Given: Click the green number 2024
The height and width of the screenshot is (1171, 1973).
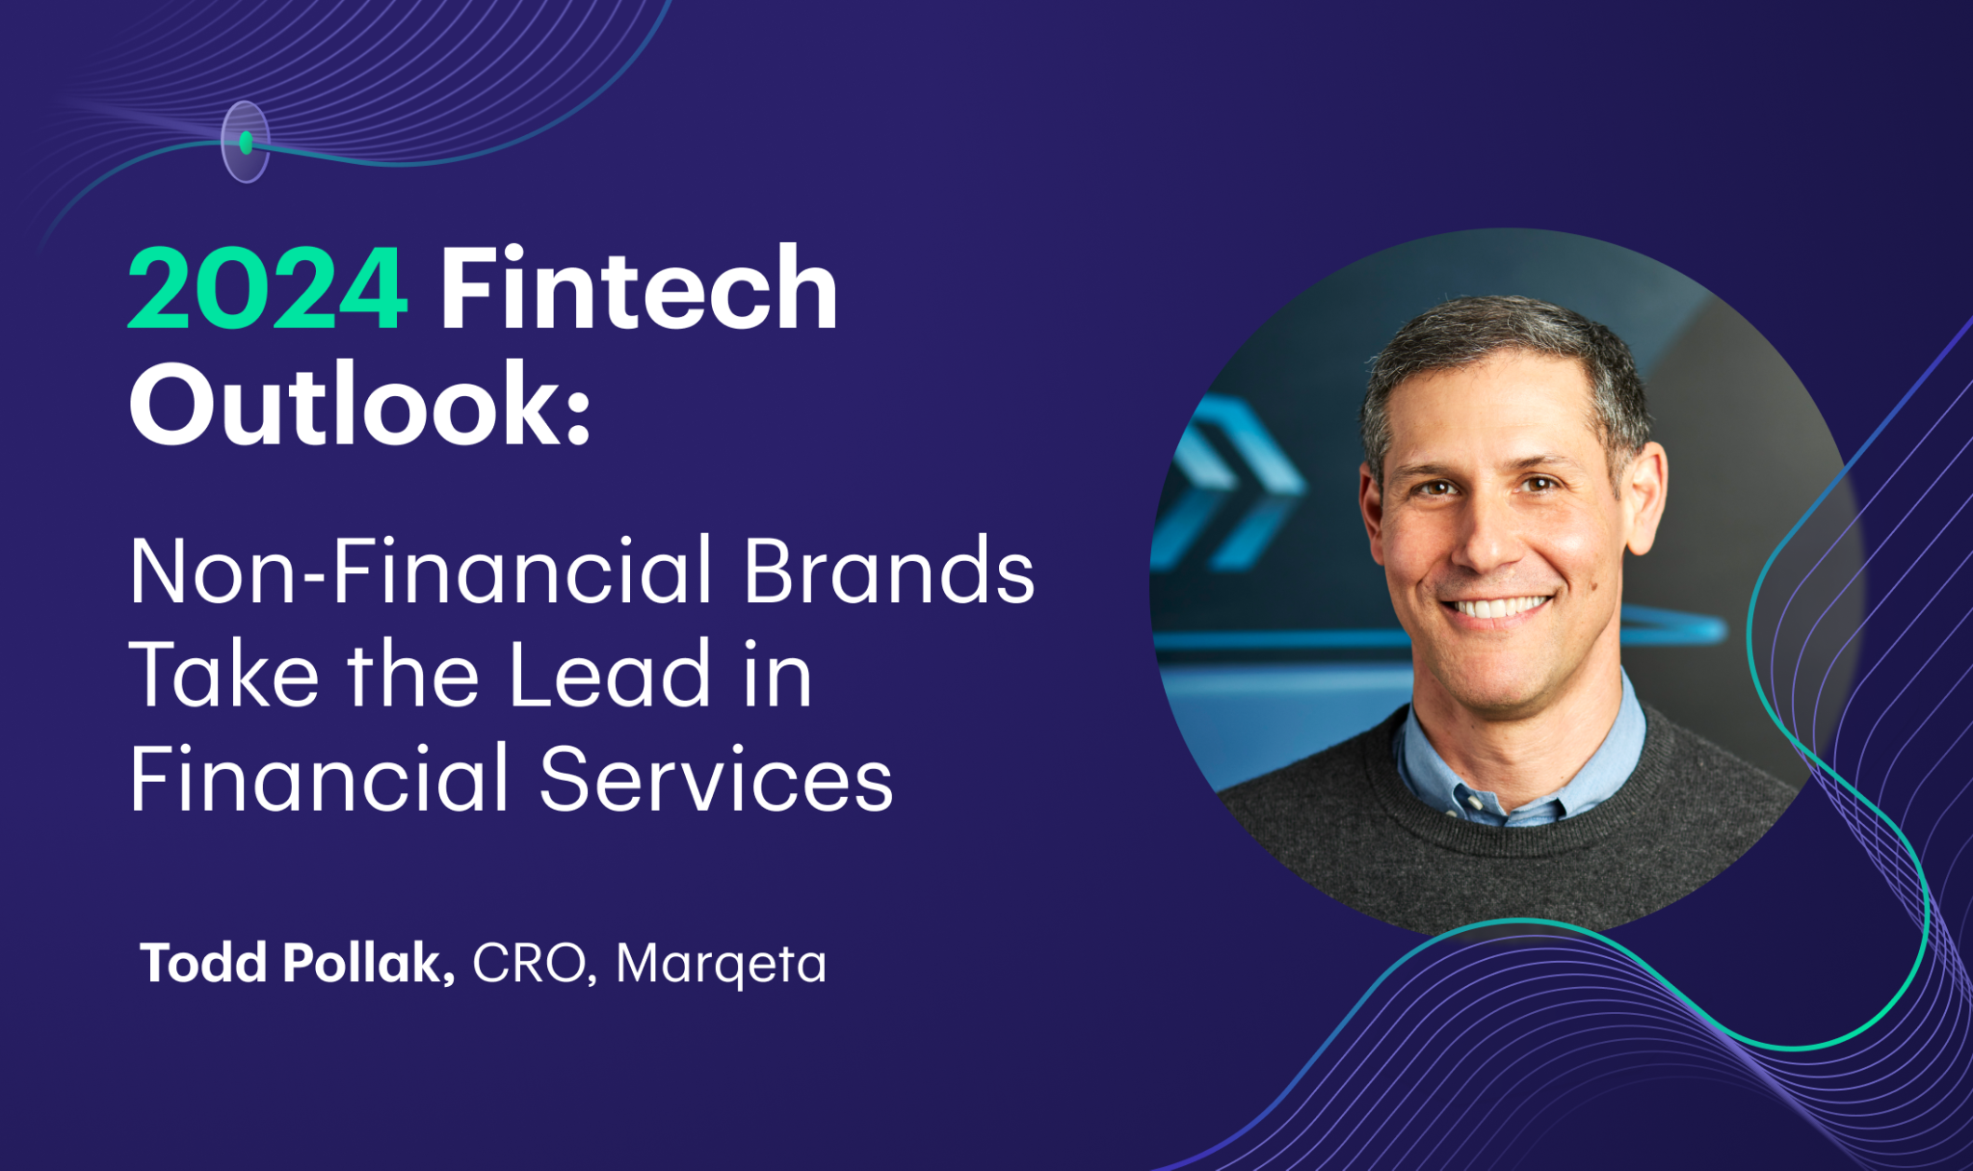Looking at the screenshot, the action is click(267, 289).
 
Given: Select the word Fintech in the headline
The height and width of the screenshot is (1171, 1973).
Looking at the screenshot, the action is click(639, 287).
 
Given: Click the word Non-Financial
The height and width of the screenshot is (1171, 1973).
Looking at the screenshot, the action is click(421, 571).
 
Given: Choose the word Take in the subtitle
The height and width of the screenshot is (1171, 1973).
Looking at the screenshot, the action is click(224, 674).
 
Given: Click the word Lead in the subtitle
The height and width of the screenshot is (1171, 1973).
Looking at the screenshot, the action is click(610, 674).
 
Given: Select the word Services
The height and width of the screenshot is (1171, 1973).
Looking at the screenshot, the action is click(716, 779).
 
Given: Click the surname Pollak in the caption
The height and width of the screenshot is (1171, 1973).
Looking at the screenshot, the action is click(367, 962).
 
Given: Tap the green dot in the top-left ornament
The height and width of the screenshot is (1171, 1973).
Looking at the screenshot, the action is click(246, 143).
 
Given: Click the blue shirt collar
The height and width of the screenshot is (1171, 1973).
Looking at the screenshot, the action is click(1522, 761).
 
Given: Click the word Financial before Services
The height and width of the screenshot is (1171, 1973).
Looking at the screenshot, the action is click(319, 779).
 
